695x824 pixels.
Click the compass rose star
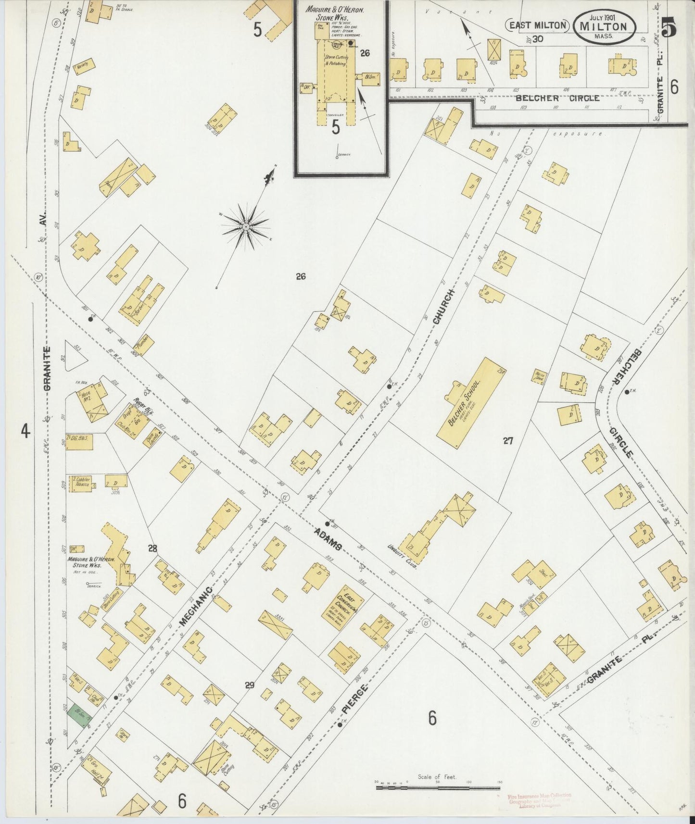pos(246,226)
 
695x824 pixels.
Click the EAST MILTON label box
pos(537,25)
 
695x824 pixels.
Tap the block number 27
pos(508,440)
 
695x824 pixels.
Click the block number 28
pos(153,548)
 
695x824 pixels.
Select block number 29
pos(249,685)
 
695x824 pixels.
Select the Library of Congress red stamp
pos(539,799)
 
